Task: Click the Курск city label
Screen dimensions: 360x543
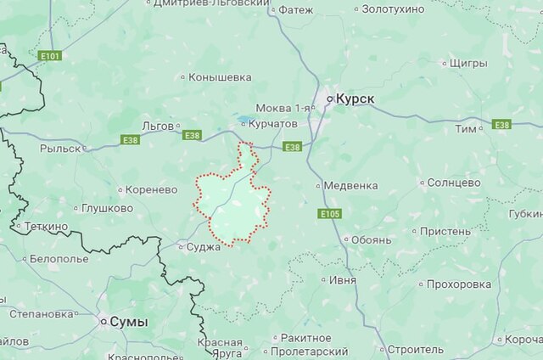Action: [x=355, y=99]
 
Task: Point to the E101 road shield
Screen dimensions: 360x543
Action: [x=50, y=56]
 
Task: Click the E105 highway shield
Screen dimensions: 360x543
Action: [x=331, y=214]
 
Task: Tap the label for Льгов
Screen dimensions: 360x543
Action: [x=158, y=126]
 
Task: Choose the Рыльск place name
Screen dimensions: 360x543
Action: [x=59, y=148]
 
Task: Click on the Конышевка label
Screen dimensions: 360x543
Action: [x=220, y=77]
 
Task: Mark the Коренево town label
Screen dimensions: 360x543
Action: [x=153, y=190]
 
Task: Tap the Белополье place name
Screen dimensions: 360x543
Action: [x=59, y=258]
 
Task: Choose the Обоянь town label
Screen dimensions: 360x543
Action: [x=371, y=239]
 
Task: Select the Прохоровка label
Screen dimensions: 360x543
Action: [x=459, y=284]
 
